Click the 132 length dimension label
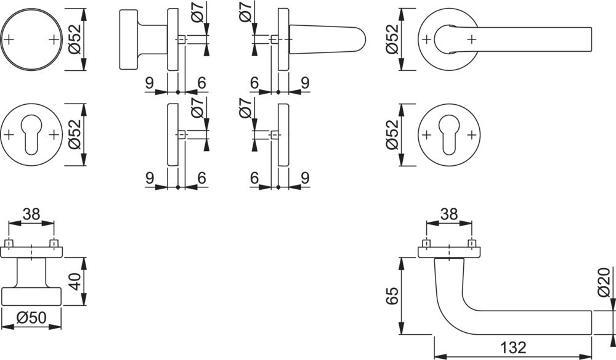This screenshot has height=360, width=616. tap(513, 347)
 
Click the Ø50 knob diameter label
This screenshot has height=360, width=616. tap(32, 317)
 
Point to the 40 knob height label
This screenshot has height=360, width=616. tap(75, 282)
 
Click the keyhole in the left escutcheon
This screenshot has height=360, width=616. tap(31, 135)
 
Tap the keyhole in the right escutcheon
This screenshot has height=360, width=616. tap(449, 135)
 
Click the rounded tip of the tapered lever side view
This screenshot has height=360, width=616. tap(362, 39)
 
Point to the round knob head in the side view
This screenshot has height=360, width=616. tap(128, 39)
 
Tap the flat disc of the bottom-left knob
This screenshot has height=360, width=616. tap(31, 297)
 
